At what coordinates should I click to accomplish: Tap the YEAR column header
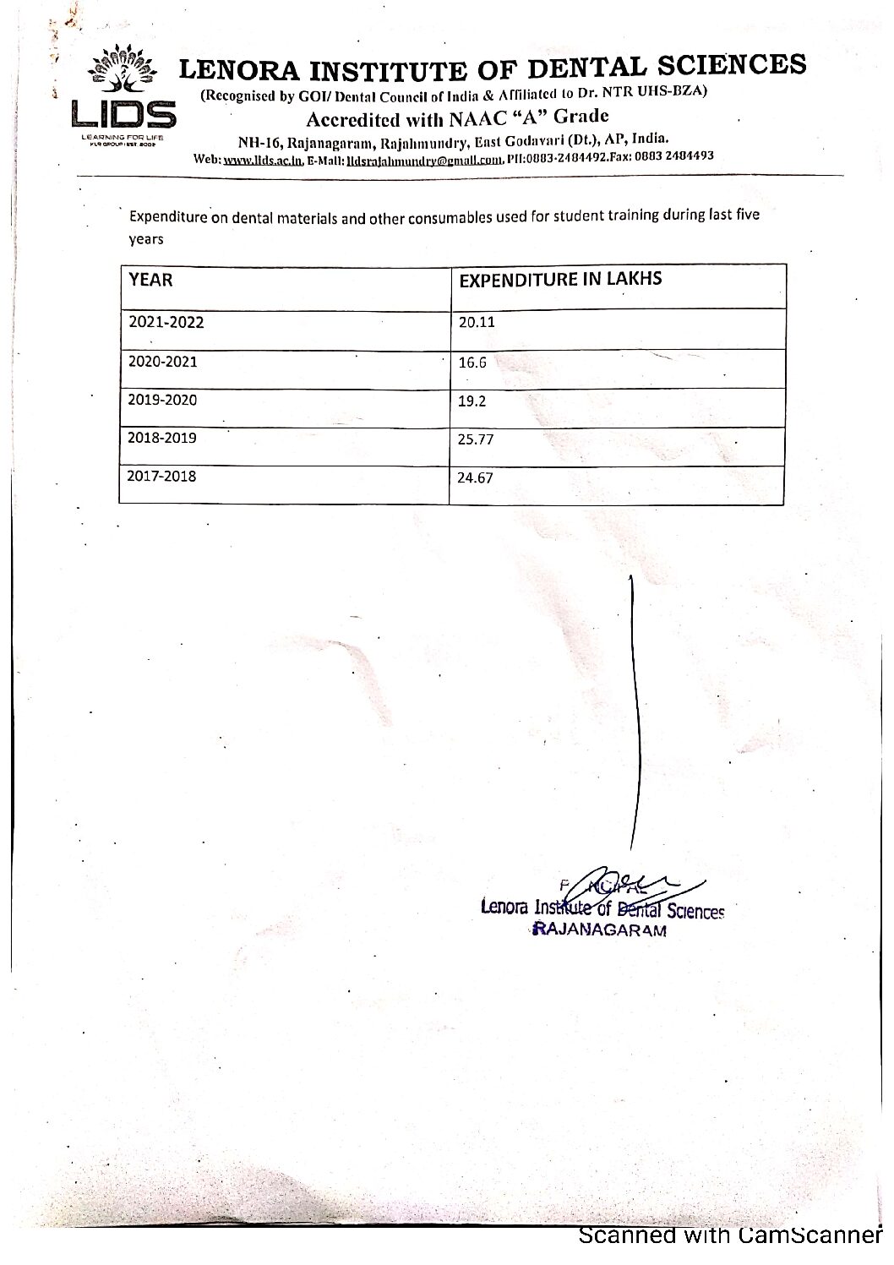tap(150, 279)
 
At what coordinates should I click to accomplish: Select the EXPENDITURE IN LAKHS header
tap(559, 280)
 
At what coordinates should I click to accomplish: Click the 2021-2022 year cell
tap(166, 322)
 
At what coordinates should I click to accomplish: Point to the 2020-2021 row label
tap(162, 362)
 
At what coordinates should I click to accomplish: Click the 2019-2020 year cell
tap(162, 400)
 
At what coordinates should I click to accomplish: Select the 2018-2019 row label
tap(162, 438)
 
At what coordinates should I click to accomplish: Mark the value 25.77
tap(475, 439)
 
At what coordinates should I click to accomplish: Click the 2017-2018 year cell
tap(161, 476)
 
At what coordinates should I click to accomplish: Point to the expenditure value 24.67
tap(475, 477)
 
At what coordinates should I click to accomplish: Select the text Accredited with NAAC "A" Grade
tap(457, 117)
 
